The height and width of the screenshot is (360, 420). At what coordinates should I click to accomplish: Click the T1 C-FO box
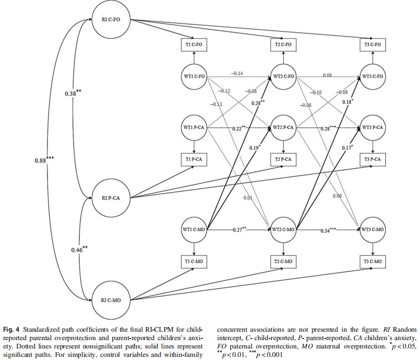pyautogui.click(x=194, y=45)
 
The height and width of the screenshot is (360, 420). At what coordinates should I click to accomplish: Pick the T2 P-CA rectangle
pyautogui.click(x=283, y=159)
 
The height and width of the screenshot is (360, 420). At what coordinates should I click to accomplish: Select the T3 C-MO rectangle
pyautogui.click(x=373, y=261)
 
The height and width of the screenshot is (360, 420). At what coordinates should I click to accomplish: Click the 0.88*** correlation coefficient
pyautogui.click(x=44, y=160)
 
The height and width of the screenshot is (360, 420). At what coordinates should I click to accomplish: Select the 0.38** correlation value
pyautogui.click(x=73, y=93)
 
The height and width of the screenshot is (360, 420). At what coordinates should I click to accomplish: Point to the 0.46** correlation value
pyautogui.click(x=79, y=249)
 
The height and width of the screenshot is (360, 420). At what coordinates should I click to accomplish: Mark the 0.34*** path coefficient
pyautogui.click(x=328, y=230)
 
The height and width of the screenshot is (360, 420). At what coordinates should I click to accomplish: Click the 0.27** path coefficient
pyautogui.click(x=239, y=230)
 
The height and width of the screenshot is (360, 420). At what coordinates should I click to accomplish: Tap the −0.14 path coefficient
pyautogui.click(x=237, y=73)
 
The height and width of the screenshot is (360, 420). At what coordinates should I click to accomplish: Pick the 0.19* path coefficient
pyautogui.click(x=255, y=147)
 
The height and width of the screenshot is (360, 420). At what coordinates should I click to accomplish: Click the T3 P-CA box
pyautogui.click(x=373, y=159)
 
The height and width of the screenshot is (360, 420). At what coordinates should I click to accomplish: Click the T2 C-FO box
pyautogui.click(x=283, y=45)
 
